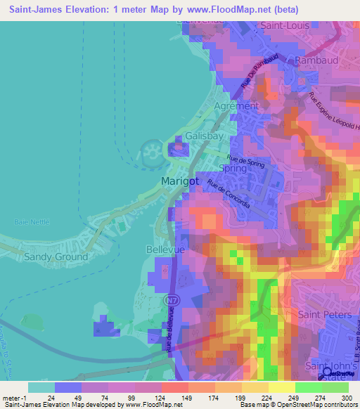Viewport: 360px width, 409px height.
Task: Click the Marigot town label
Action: (181, 181)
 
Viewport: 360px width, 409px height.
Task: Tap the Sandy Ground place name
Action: (56, 257)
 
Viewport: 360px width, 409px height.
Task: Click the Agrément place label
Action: (236, 106)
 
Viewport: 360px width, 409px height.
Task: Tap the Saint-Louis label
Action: (284, 25)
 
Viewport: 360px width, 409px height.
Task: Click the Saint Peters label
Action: (325, 315)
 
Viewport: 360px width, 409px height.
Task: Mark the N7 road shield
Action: (171, 300)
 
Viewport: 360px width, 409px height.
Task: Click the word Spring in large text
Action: (233, 169)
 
